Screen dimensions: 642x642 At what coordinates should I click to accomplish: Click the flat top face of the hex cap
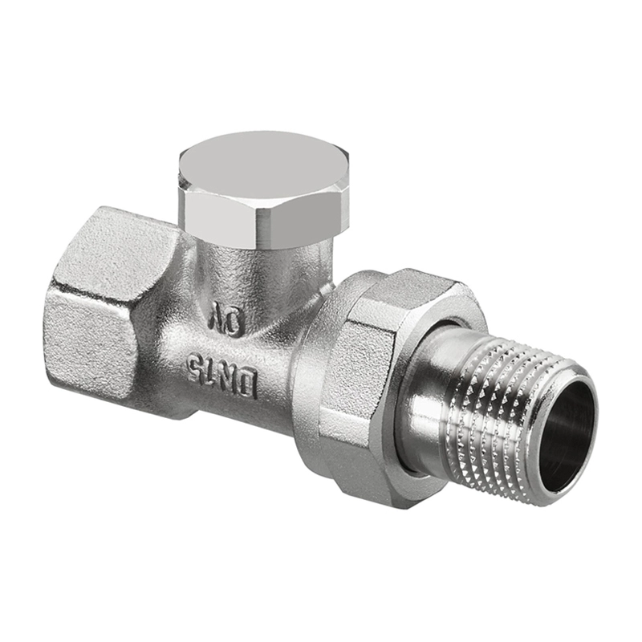point(264,168)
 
